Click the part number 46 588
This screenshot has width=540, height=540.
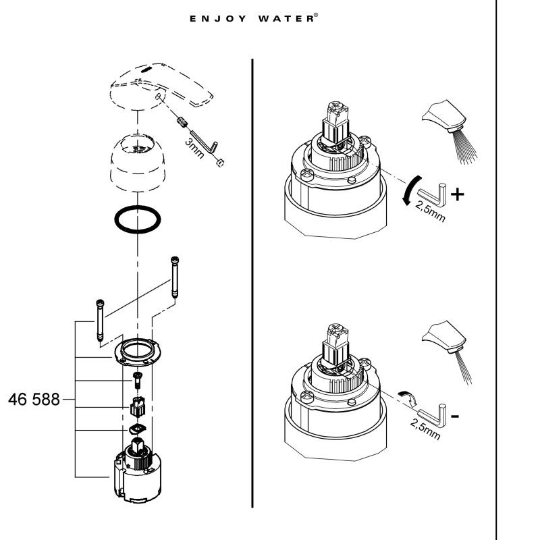(34, 399)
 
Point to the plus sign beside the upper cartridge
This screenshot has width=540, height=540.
(458, 195)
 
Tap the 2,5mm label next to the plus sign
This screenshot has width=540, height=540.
(429, 211)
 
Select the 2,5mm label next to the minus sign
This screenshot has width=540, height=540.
(425, 428)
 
